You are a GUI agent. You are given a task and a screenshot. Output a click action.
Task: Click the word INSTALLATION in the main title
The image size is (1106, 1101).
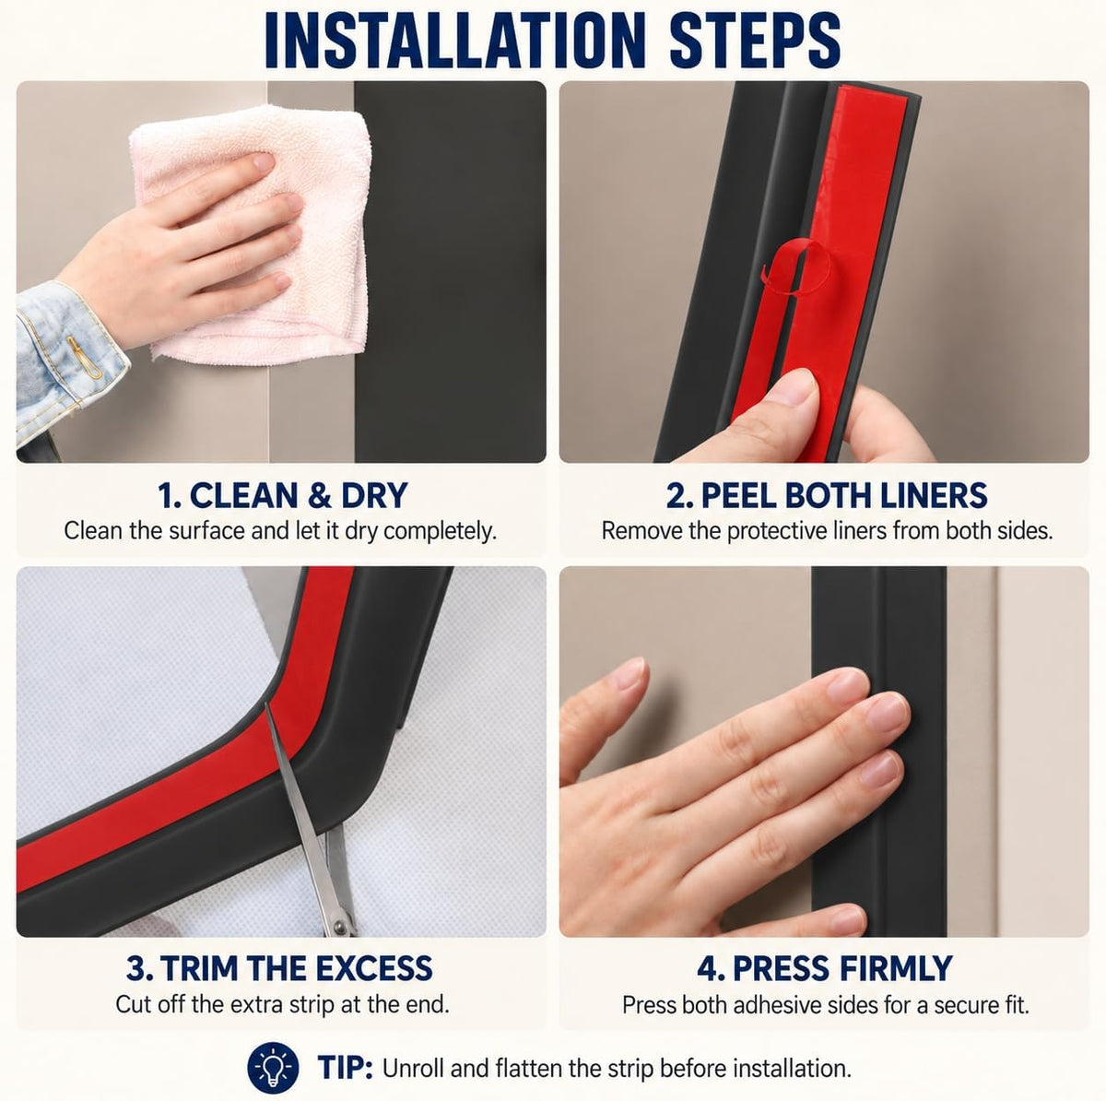tap(454, 41)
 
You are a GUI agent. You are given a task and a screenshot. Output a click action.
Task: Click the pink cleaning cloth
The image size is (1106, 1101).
tap(251, 235)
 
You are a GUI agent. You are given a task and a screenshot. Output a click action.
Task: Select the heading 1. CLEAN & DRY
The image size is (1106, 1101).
tap(282, 495)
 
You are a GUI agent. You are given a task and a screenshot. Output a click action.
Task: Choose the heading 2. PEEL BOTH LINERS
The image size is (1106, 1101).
tap(827, 495)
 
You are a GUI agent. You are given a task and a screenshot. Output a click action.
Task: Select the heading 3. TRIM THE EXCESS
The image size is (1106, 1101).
tap(279, 968)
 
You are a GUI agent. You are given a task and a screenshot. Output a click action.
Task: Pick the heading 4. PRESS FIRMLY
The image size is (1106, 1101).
tap(825, 968)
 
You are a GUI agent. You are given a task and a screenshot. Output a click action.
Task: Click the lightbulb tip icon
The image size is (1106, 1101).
tap(273, 1068)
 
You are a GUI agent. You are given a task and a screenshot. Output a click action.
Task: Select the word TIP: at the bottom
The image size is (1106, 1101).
tap(345, 1068)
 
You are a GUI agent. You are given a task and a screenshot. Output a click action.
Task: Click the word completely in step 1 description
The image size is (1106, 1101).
tap(439, 532)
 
